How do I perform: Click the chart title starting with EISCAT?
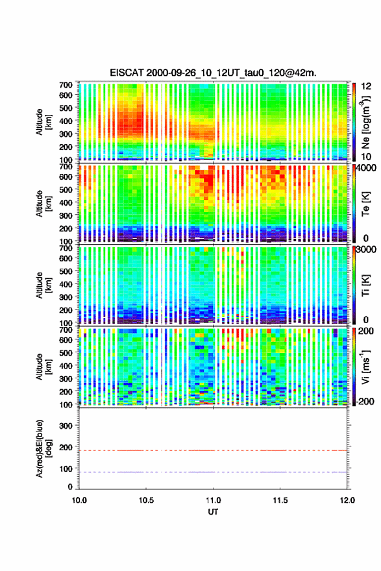click(213, 73)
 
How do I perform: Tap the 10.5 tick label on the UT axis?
click(146, 500)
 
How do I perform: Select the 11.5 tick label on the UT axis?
click(280, 500)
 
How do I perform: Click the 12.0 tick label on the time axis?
click(347, 500)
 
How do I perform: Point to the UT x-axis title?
click(213, 512)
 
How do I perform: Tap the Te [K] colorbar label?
click(365, 204)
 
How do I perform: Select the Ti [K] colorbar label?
click(365, 285)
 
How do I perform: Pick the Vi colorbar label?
click(365, 367)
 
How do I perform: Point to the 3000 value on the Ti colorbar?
click(366, 249)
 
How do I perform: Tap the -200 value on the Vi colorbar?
click(363, 401)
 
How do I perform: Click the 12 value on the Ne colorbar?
click(366, 86)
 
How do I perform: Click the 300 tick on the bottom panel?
click(66, 426)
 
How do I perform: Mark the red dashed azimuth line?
click(213, 450)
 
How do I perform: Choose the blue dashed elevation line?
click(213, 472)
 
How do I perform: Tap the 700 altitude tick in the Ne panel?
click(66, 85)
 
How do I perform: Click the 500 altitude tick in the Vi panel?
click(66, 353)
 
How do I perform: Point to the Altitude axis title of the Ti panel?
click(42, 285)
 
